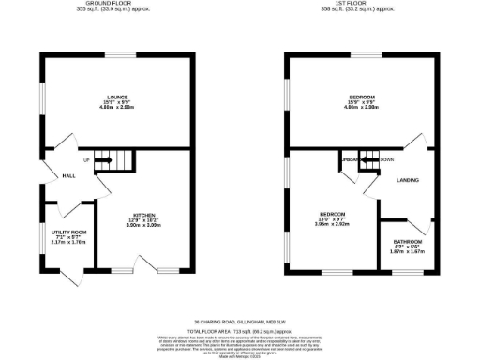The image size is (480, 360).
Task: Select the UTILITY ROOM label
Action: pos(70,232)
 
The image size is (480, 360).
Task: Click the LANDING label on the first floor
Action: pos(408,179)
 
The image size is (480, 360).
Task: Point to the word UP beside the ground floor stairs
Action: pos(87,160)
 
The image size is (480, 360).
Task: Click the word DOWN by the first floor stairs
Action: pos(386,160)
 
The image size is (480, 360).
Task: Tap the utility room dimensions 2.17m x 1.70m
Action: pos(70,243)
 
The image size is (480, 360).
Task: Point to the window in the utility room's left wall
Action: pos(41,240)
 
